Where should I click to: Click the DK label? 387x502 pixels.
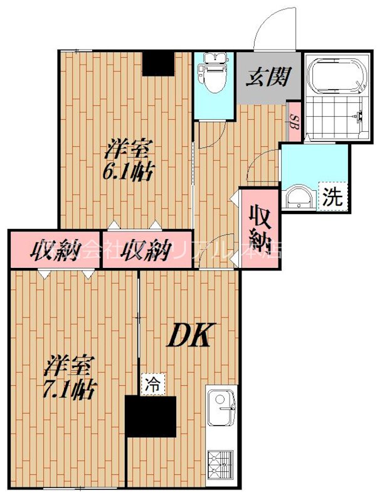point(191,335)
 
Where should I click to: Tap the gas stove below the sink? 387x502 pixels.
point(221,465)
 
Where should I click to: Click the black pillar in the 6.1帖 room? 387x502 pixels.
point(157,63)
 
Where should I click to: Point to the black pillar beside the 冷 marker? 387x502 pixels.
point(151,416)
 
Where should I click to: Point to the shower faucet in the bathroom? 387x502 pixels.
point(360,116)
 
